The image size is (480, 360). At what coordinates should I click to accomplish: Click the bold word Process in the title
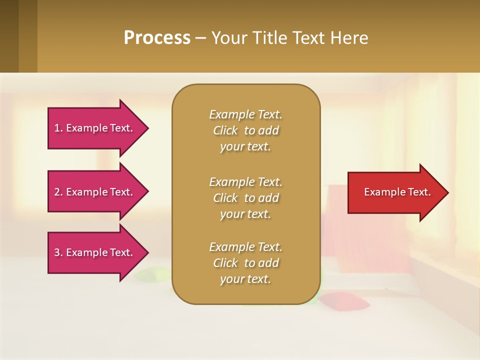point(157,38)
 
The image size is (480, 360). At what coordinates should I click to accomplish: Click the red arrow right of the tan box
point(395,192)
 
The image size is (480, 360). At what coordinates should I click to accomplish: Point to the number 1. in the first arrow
point(58,128)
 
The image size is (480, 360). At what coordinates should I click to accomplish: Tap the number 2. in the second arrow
point(58,192)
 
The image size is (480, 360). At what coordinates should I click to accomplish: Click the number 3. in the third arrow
point(58,252)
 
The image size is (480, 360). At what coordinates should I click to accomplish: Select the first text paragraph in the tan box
point(245,130)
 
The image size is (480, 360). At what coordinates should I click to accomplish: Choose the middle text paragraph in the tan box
point(245,198)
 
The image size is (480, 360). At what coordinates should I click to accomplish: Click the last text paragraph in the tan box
point(245,263)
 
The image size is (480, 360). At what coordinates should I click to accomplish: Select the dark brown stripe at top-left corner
point(9,36)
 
